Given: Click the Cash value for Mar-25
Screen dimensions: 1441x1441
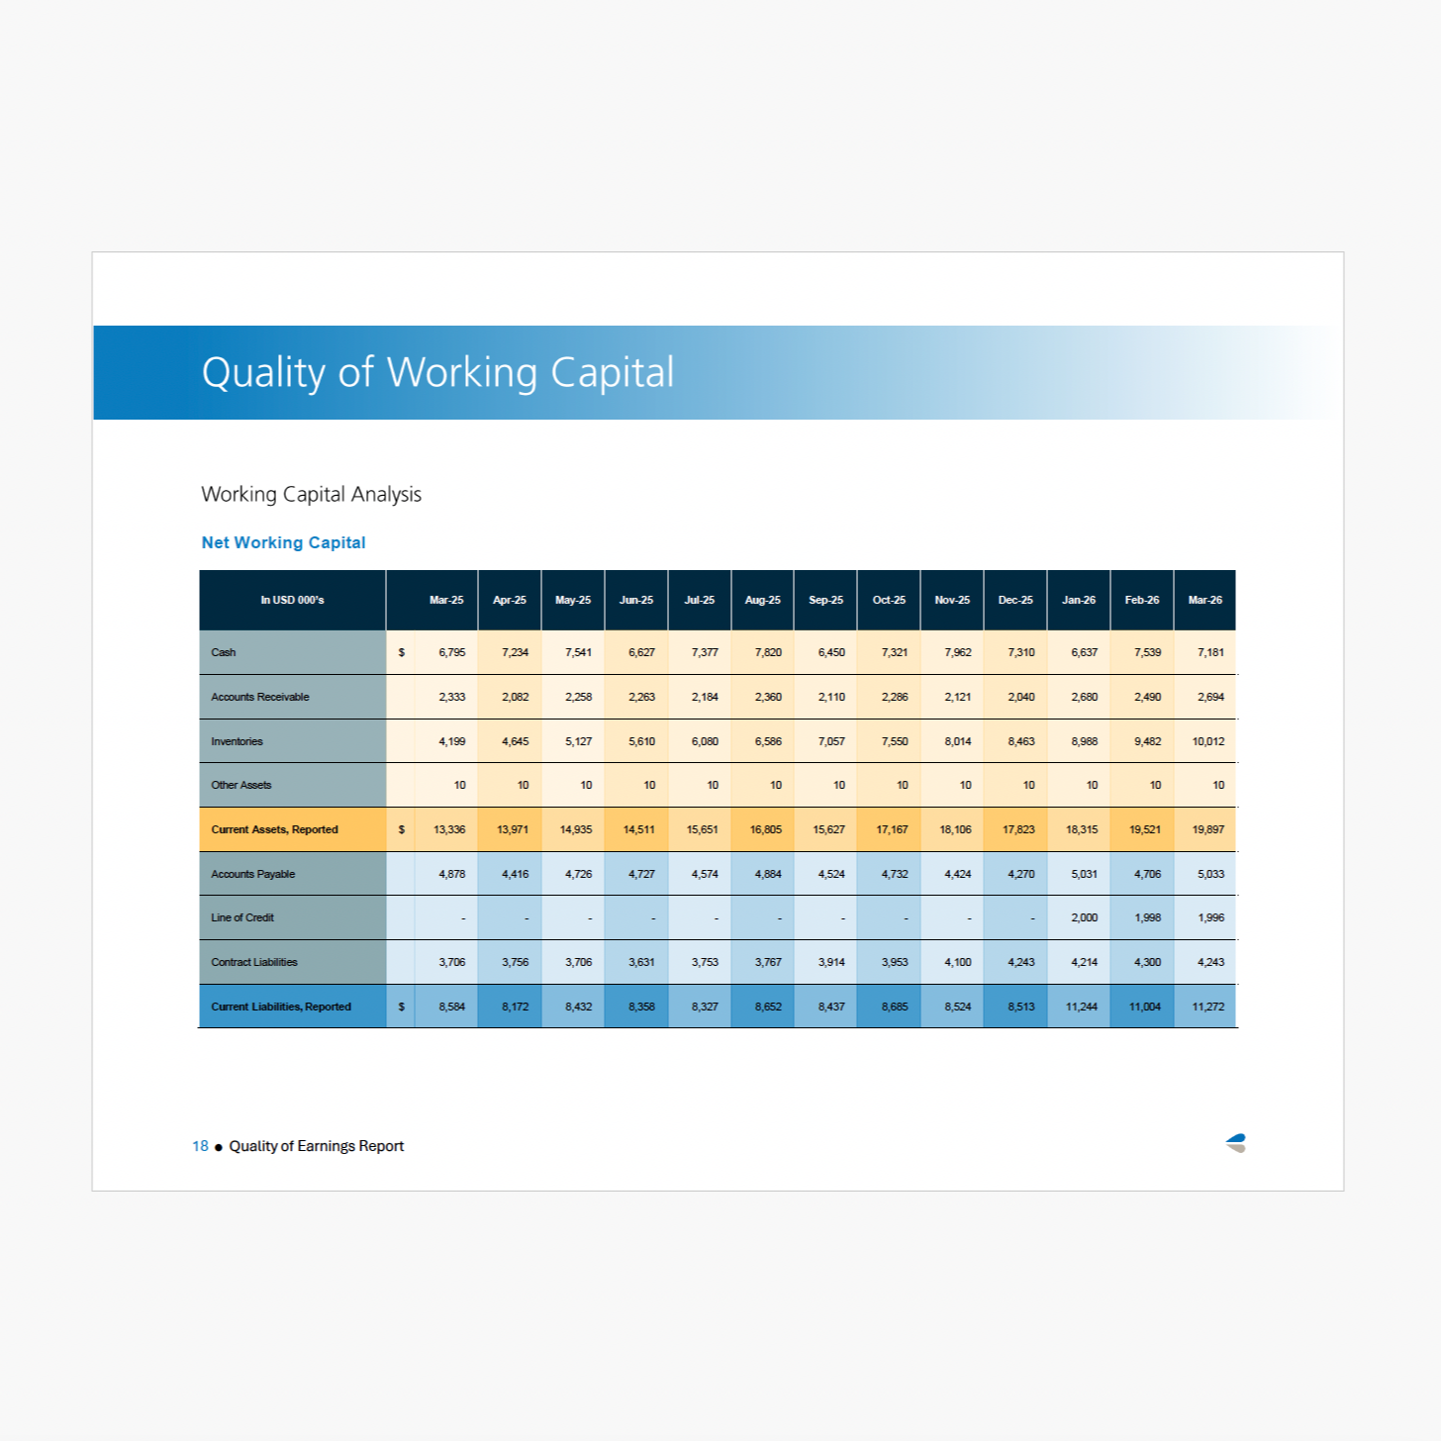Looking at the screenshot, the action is pos(451,652).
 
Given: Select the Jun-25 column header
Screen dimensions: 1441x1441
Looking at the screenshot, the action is pos(635,600).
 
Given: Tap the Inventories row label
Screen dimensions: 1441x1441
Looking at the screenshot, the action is pos(237,741).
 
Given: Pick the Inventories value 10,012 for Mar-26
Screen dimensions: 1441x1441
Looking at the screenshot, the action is pos(1207,741).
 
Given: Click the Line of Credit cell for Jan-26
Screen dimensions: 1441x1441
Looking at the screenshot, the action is pos(1084,917).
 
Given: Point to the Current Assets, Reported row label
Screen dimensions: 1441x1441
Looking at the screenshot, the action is pos(274,829).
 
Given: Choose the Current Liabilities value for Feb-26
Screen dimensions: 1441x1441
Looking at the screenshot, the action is pos(1145,1007).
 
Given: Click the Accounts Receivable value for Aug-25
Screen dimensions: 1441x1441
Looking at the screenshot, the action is pos(768,697).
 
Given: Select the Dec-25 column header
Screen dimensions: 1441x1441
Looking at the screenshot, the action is pos(1015,600).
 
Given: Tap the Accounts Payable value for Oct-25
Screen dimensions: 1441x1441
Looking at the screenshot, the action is pos(895,874).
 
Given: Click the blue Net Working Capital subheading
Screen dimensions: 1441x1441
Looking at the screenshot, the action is pos(283,542).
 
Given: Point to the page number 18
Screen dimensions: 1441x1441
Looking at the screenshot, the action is pos(200,1146).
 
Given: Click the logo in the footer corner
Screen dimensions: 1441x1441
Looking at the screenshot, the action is pos(1235,1143).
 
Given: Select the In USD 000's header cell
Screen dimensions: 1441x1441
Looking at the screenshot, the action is pos(292,600).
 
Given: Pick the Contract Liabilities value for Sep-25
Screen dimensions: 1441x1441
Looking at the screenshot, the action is pos(830,962).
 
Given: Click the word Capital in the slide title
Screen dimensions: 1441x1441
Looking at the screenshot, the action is pos(612,372).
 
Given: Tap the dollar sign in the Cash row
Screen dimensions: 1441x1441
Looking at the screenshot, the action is pos(402,652).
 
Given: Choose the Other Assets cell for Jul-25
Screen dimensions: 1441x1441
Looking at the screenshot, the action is pos(712,785).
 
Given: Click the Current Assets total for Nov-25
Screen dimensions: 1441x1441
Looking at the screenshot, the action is pos(955,829).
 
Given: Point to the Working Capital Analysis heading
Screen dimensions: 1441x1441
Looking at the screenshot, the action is pos(311,494).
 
